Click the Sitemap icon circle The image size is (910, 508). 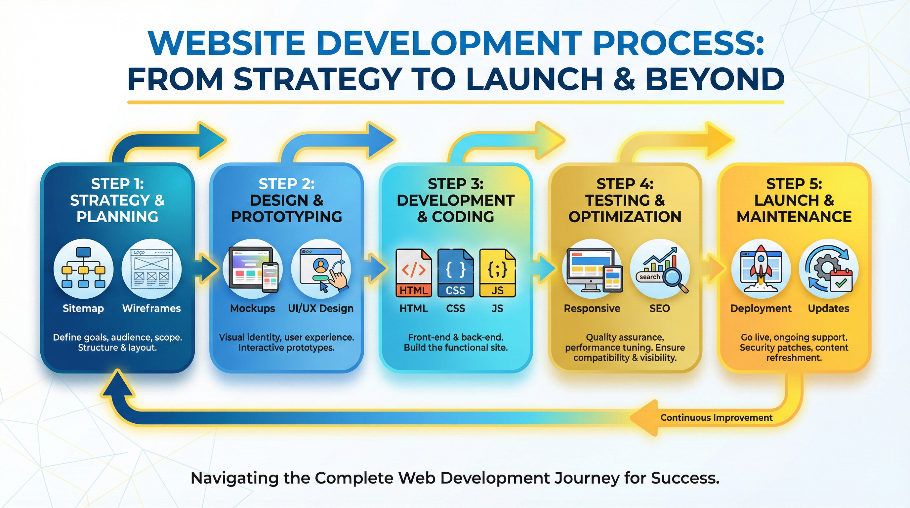pos(83,269)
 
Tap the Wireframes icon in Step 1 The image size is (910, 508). pos(151,269)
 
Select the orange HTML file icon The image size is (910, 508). pos(414,273)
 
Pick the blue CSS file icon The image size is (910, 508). pos(455,273)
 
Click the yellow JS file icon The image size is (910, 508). pos(497,273)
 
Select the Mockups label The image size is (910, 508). pos(253,308)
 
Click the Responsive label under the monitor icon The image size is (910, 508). pos(592,308)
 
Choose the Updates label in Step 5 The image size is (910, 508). pos(828,308)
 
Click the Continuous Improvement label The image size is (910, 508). pos(717,418)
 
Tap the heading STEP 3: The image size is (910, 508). pos(456,184)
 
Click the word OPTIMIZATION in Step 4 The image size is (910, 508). pos(625,217)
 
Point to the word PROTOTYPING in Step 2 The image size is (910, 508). pos(286,217)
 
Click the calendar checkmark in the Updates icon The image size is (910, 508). pos(841,282)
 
